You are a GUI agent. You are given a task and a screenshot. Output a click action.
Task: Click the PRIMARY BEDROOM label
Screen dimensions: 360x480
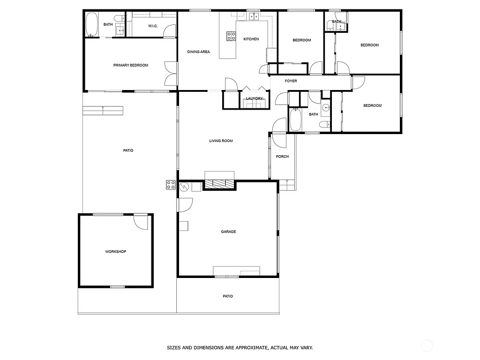[x=130, y=65]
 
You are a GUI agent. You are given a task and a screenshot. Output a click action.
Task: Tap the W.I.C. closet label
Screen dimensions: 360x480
[x=153, y=26]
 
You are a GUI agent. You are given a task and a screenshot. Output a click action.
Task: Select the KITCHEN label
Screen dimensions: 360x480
[x=251, y=39]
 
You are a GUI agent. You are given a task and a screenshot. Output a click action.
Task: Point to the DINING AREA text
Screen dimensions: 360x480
[x=198, y=52]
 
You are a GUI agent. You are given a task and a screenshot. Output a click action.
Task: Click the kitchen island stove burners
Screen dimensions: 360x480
[x=231, y=36]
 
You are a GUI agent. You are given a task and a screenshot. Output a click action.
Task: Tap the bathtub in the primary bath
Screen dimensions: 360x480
[x=91, y=24]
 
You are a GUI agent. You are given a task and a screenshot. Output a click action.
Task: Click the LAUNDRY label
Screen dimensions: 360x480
[x=254, y=98]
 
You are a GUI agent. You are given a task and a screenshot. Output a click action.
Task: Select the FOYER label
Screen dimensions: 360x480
[x=291, y=81]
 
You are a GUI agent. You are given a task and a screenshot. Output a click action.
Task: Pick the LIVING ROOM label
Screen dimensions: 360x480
[x=221, y=141]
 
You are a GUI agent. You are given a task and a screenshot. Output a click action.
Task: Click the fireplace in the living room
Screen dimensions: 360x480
[x=219, y=184]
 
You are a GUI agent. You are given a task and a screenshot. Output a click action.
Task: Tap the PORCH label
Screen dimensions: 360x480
[x=282, y=157]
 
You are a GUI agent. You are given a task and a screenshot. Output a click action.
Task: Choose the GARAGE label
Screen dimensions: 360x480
[x=228, y=232]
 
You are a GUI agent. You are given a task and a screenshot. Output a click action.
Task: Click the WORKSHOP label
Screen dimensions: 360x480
[x=115, y=252]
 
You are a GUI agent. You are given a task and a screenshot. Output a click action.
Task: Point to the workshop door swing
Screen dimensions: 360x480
[x=141, y=222]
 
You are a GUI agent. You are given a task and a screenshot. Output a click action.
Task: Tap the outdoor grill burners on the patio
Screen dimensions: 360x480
[x=171, y=185]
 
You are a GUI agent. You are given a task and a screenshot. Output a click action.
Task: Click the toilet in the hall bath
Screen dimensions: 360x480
[x=324, y=125]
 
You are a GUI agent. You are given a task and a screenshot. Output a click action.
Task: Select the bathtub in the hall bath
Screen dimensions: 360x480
[x=295, y=120]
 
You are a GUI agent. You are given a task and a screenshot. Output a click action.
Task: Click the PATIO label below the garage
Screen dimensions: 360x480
[x=228, y=296]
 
